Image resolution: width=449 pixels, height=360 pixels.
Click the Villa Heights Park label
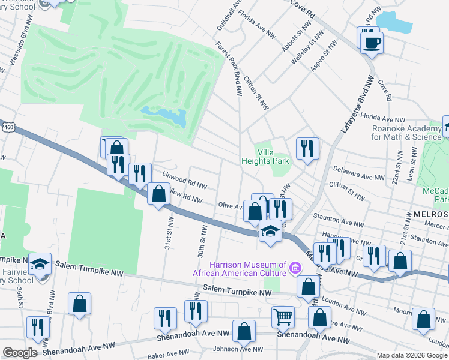(x=265, y=157)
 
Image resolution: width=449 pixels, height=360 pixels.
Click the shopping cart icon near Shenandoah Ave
(x=283, y=316)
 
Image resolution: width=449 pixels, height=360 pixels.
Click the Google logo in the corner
(x=20, y=353)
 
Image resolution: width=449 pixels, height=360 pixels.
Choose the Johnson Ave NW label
(x=239, y=349)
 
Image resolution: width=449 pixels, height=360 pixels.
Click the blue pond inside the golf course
(x=163, y=115)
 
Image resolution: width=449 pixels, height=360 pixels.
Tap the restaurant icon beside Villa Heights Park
(x=307, y=148)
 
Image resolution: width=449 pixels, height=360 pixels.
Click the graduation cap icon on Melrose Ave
(x=271, y=232)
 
